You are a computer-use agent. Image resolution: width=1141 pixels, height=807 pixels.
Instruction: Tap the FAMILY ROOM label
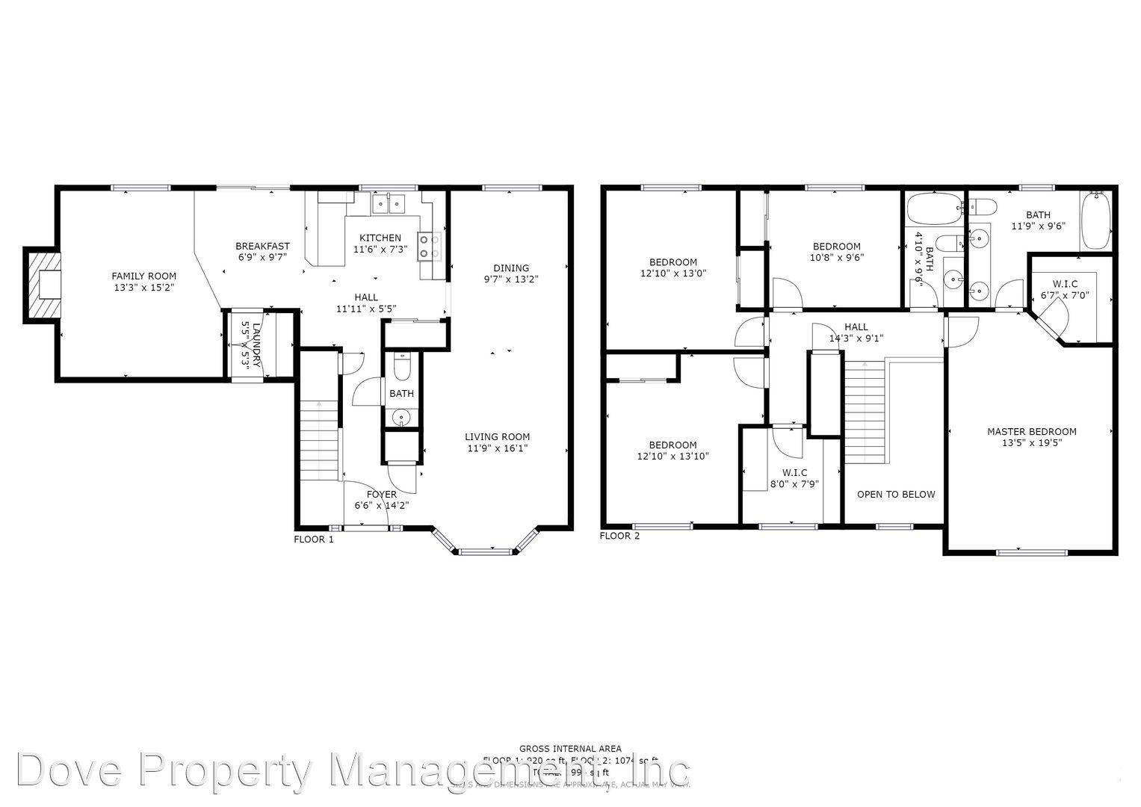click(144, 276)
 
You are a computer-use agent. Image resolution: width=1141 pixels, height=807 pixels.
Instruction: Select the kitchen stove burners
click(430, 246)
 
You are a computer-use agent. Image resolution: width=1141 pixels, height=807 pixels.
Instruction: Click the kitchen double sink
click(387, 202)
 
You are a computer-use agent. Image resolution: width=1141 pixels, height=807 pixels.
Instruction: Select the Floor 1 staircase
click(319, 441)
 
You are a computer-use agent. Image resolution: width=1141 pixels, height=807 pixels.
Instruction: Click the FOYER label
click(381, 494)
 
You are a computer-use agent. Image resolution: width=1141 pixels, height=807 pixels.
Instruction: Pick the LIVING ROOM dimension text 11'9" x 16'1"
click(497, 448)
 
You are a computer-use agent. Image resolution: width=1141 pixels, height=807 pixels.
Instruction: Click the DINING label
click(511, 268)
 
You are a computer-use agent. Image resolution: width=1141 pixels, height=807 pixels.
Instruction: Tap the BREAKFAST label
click(262, 246)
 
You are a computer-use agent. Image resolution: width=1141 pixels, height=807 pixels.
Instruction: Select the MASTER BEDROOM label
click(1031, 431)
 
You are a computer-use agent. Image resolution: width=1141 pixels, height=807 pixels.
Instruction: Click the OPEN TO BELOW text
click(895, 494)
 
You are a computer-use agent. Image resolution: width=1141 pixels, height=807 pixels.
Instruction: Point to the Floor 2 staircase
click(865, 411)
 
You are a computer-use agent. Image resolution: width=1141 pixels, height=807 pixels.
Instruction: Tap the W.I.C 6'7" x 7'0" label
click(1065, 289)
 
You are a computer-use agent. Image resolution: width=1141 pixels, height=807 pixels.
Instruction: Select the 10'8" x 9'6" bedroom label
click(836, 252)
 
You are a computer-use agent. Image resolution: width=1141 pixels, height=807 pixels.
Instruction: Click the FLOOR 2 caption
click(619, 536)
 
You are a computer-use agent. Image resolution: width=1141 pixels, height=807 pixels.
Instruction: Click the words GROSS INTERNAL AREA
click(570, 748)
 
